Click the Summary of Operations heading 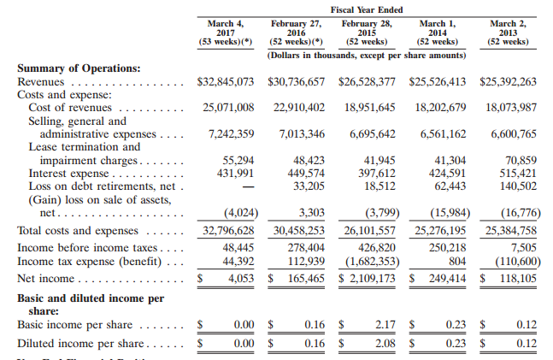pos(79,68)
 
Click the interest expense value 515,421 pos(512,174)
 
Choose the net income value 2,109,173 pos(374,279)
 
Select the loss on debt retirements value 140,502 pos(512,186)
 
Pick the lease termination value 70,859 pos(515,160)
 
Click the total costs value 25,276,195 pos(440,231)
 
